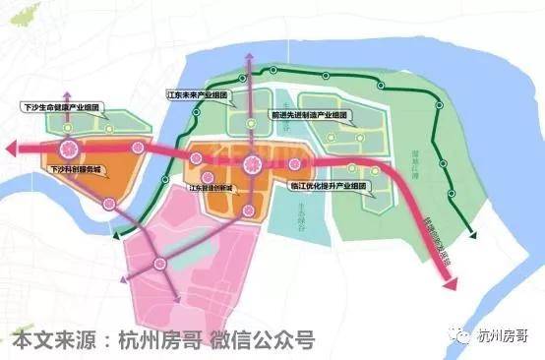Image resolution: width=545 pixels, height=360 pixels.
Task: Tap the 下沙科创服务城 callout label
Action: (x=69, y=170)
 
